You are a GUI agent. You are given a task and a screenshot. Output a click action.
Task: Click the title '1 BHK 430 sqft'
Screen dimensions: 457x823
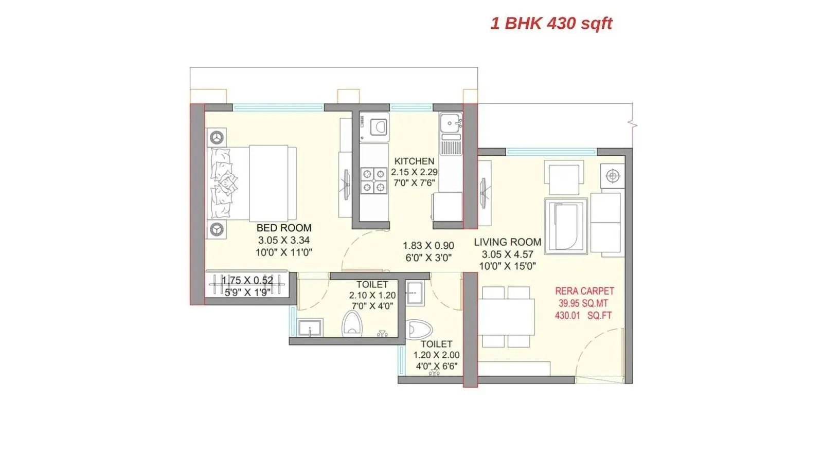[551, 24]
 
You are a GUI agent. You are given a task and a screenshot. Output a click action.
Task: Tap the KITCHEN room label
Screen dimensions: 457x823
[414, 161]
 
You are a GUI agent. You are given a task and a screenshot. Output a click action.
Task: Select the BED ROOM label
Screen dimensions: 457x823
[284, 228]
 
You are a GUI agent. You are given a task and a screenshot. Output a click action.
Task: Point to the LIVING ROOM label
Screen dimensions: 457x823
[507, 242]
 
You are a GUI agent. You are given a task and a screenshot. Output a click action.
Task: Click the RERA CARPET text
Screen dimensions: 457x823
[584, 291]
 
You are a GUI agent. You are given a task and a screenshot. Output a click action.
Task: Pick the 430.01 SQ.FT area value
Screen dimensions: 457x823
[583, 316]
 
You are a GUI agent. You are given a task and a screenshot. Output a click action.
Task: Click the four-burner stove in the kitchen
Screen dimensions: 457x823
[373, 180]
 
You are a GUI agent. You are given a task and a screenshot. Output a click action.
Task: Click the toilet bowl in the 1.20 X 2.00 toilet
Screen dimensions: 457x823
[419, 329]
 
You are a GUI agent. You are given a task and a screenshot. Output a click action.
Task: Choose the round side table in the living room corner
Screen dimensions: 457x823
[612, 176]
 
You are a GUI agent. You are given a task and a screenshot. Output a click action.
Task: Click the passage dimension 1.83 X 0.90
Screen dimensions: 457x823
[428, 246]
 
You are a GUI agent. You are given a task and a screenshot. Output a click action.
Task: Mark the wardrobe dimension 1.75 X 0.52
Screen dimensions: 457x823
[247, 281]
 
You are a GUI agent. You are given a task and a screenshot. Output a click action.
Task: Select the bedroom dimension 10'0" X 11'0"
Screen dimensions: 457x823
[284, 252]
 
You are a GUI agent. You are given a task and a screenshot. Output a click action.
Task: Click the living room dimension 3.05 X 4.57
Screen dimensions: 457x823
[507, 254]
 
